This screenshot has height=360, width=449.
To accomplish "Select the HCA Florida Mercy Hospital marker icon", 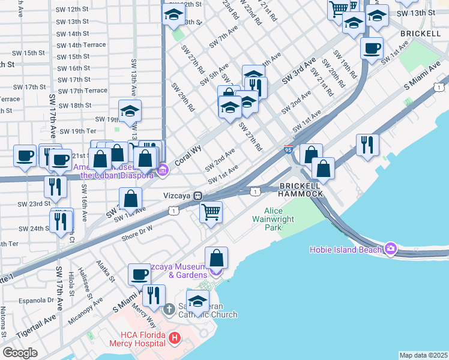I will [175, 339].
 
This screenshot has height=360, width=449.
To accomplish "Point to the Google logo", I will [20, 353].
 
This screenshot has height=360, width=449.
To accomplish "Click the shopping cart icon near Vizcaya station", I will [211, 212].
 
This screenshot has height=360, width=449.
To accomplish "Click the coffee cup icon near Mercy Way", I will [139, 274].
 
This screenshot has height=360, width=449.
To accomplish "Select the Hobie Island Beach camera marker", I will [392, 248].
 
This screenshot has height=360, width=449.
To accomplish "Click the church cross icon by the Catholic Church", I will [170, 309].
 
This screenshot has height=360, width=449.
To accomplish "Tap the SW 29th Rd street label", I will [183, 97].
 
